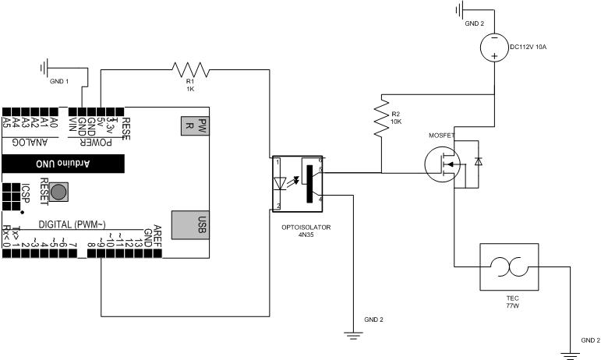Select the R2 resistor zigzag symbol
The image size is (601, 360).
[x=382, y=118]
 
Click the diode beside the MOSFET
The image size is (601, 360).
[x=478, y=161]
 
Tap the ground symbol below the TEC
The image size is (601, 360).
[x=571, y=355]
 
